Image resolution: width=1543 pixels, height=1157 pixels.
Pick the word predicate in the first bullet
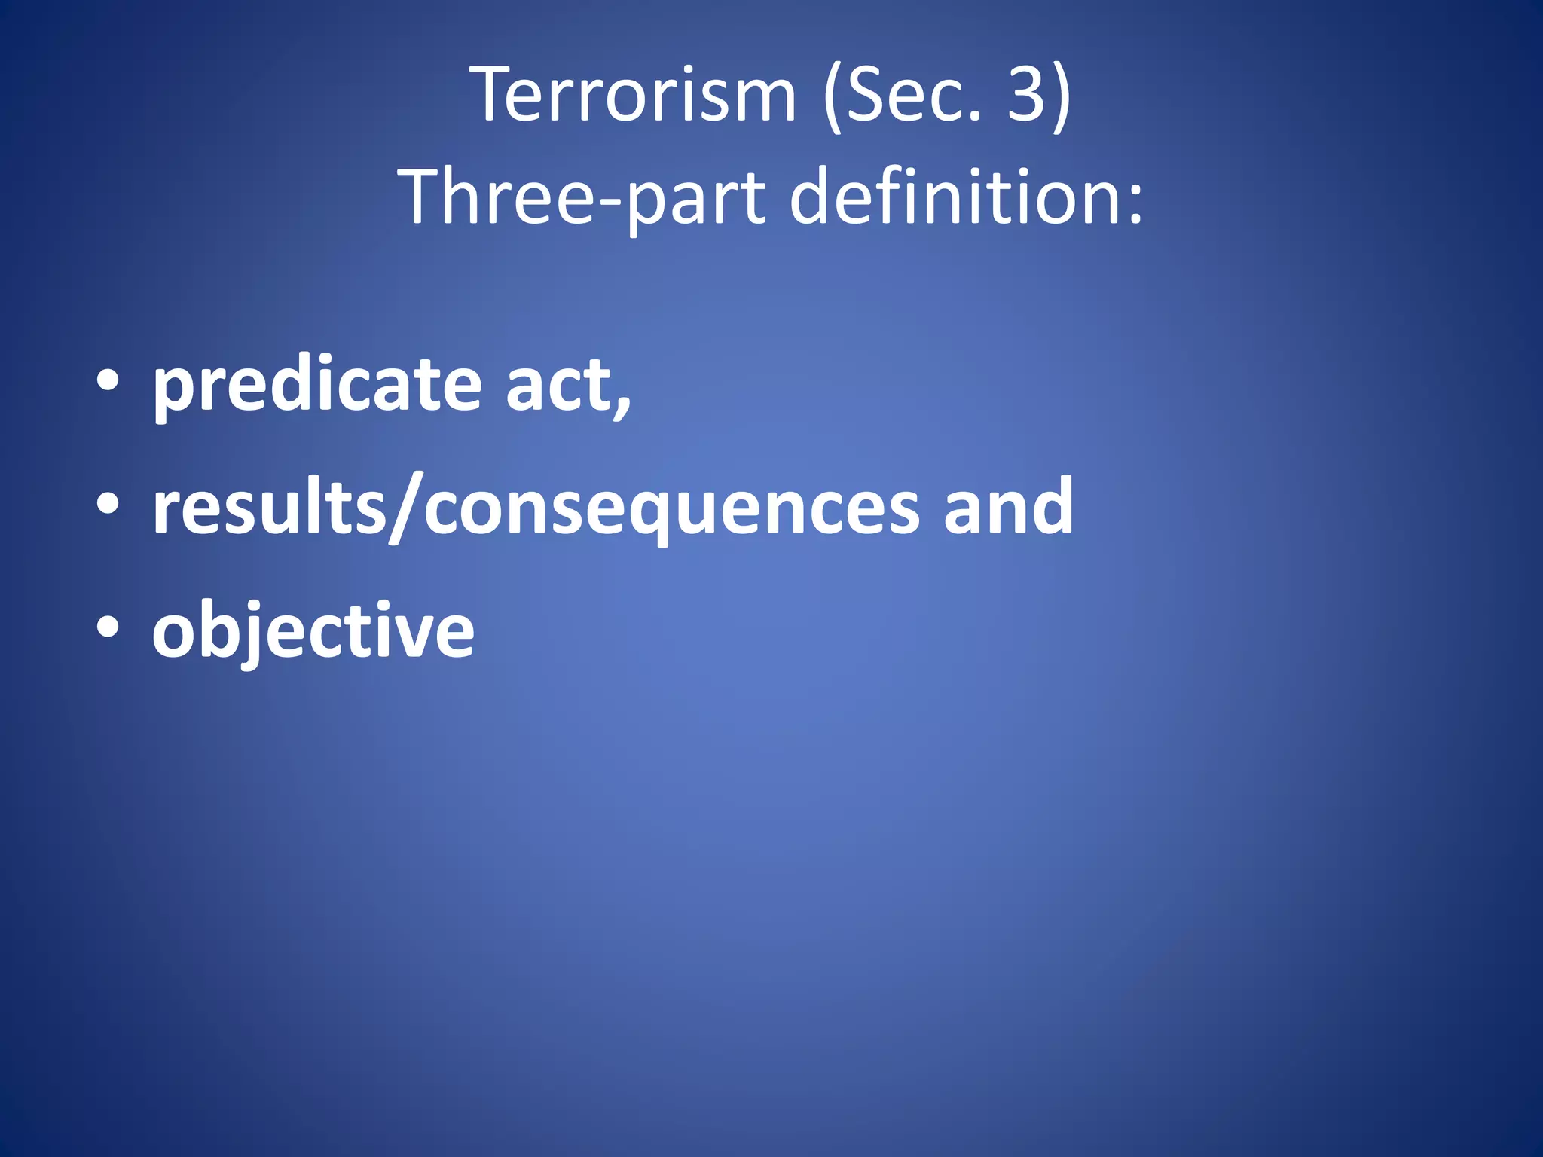316,386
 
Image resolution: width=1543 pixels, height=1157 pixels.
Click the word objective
313,631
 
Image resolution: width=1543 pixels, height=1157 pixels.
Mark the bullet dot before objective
108,627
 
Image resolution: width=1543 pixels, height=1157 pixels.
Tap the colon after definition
1135,207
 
